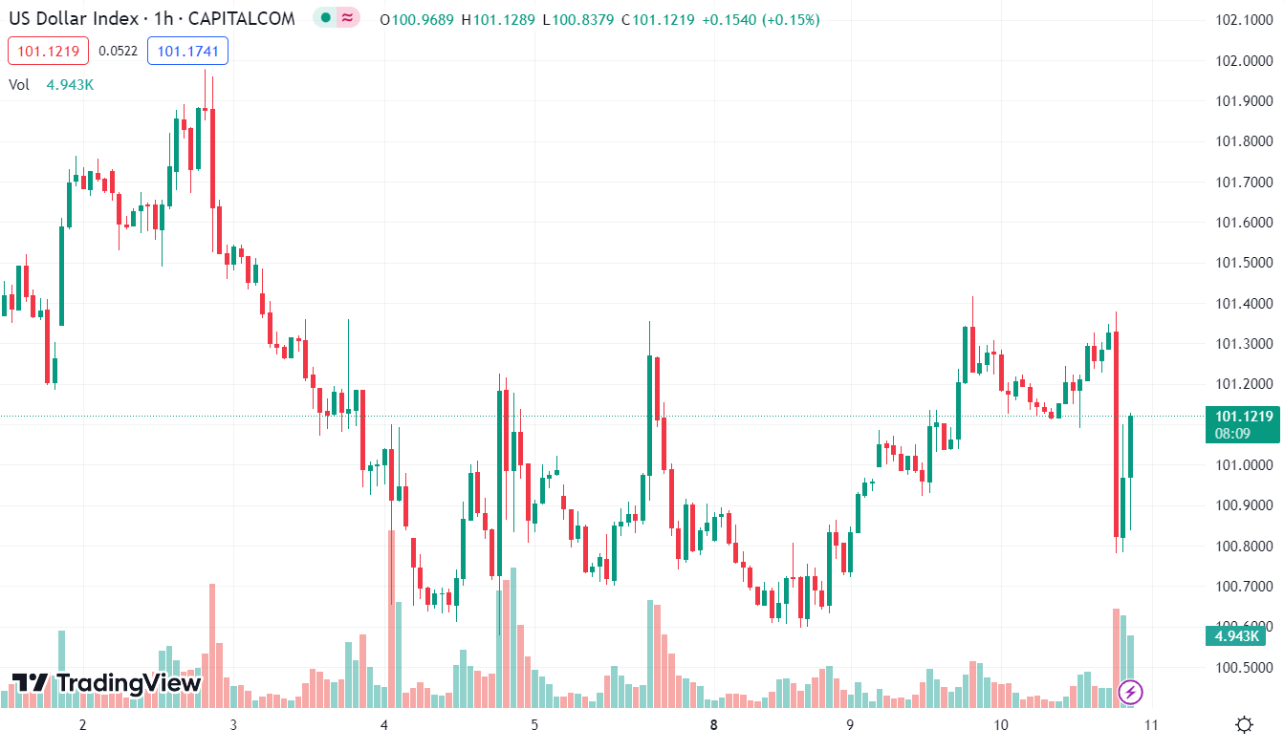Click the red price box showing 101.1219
pyautogui.click(x=48, y=51)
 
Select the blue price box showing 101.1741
pyautogui.click(x=187, y=51)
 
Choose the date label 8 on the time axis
pyautogui.click(x=714, y=725)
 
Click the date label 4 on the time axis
pyautogui.click(x=384, y=725)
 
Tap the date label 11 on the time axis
pyautogui.click(x=1151, y=725)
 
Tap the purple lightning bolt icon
pyautogui.click(x=1131, y=691)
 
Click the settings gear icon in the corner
pyautogui.click(x=1244, y=724)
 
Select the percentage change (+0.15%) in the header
pyautogui.click(x=790, y=20)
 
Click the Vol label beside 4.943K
pyautogui.click(x=19, y=84)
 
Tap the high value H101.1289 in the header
pyautogui.click(x=498, y=20)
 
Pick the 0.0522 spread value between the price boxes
pyautogui.click(x=118, y=51)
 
